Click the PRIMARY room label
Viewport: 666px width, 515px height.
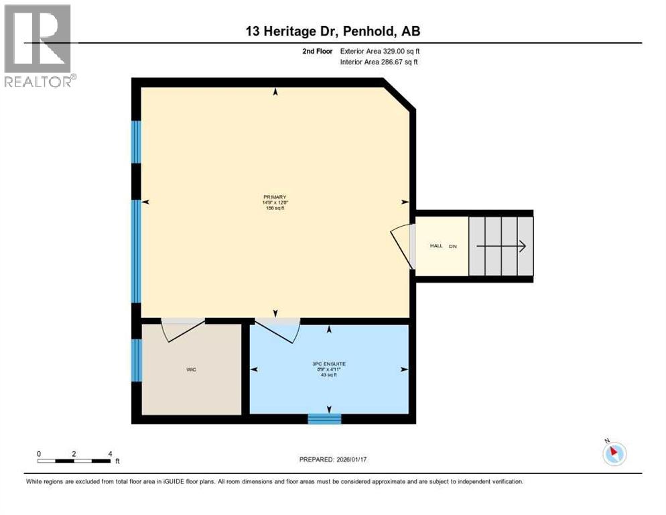point(275,196)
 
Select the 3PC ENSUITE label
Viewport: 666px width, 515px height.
point(328,363)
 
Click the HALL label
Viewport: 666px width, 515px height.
point(436,246)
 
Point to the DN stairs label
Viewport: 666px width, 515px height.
point(453,246)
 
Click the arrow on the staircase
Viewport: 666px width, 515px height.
point(501,246)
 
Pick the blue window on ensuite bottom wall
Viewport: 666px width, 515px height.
point(324,419)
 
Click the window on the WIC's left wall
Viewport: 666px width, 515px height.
point(137,359)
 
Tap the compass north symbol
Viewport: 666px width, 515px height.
point(614,453)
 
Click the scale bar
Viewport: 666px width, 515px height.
point(74,460)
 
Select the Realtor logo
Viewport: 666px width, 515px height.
point(39,46)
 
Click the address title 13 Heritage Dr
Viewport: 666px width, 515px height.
point(333,31)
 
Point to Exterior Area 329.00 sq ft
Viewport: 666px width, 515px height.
point(380,51)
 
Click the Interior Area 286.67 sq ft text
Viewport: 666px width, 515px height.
point(379,62)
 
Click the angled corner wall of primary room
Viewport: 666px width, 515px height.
point(399,95)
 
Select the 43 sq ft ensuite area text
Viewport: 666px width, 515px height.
point(328,375)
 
